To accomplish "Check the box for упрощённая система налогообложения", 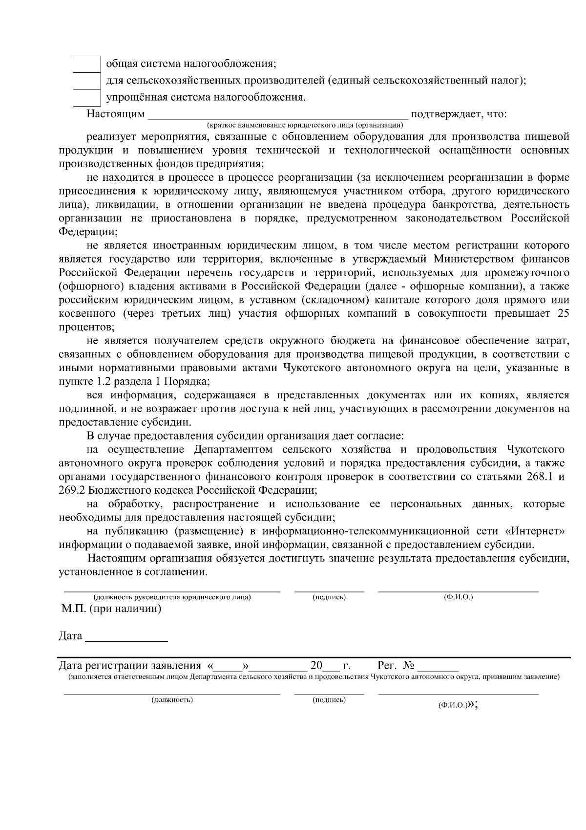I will point(86,97).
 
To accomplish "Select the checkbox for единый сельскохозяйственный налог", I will point(86,81).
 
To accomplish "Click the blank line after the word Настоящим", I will point(277,115).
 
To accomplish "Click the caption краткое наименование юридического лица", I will point(305,125).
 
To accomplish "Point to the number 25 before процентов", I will point(563,313).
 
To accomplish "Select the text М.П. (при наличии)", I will point(111,609).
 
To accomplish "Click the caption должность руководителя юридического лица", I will point(172,597).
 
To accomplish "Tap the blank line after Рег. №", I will point(438,666).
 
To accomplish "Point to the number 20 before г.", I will point(316,665).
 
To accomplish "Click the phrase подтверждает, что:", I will point(459,114).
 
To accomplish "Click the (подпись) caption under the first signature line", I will point(329,597).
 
